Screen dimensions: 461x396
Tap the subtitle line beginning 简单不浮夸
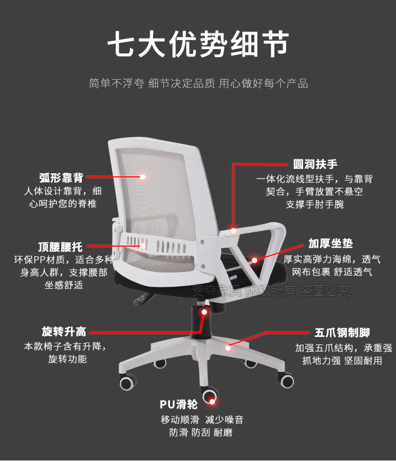(198, 83)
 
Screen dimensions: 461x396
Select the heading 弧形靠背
(61, 177)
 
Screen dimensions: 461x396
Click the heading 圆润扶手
(315, 164)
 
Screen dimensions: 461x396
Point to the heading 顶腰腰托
(60, 246)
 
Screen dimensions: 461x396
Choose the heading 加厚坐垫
(331, 244)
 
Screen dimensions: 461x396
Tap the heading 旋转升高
(64, 332)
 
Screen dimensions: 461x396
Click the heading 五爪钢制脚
(342, 333)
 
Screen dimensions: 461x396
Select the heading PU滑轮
(179, 404)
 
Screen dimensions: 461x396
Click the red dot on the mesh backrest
(143, 177)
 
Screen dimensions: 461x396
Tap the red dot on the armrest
(233, 231)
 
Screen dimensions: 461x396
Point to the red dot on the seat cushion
(254, 260)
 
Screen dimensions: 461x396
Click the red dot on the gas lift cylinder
(204, 312)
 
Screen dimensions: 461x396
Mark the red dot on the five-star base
(228, 347)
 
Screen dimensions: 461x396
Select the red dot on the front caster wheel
(213, 402)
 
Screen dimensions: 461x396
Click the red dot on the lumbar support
(142, 246)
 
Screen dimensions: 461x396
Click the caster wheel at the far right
(287, 379)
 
